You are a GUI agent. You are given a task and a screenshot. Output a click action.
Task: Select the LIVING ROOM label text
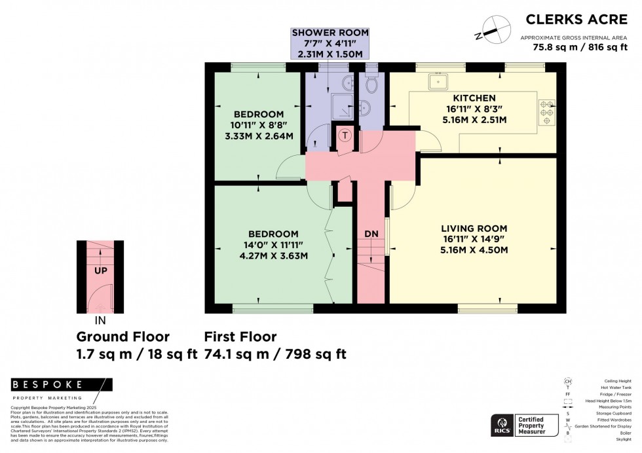(x=470, y=228)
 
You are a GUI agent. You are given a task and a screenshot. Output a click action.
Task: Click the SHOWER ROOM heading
(x=330, y=32)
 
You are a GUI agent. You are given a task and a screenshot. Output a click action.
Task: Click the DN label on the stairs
(x=371, y=234)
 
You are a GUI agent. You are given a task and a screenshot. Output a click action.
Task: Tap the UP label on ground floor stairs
(x=100, y=270)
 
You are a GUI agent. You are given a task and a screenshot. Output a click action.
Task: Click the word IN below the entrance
(x=100, y=321)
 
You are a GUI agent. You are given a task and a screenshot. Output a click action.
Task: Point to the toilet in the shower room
(x=371, y=84)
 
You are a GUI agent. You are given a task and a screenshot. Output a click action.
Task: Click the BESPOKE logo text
(x=48, y=385)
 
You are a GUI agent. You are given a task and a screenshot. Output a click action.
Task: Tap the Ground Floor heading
(x=123, y=337)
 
